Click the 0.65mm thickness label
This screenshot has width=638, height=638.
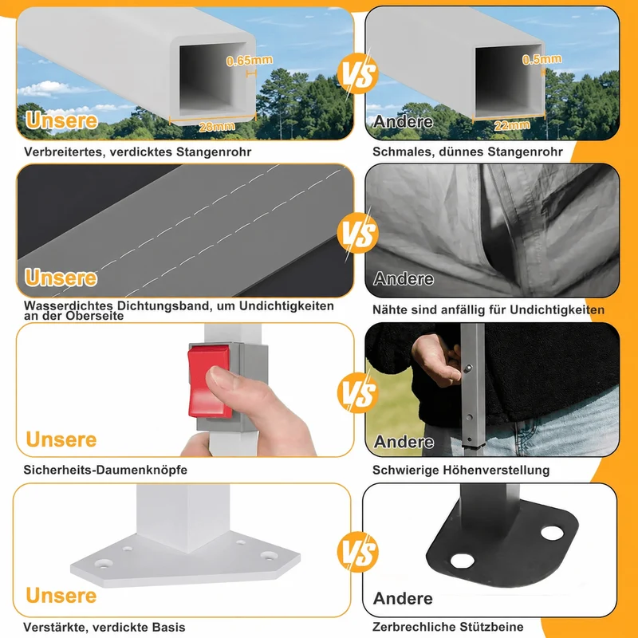[250, 61]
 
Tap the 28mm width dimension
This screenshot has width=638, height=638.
[217, 127]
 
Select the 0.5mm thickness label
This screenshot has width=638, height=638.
[542, 59]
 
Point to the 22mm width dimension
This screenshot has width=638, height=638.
[512, 125]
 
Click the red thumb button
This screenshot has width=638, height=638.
[209, 381]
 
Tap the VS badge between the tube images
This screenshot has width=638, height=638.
[357, 73]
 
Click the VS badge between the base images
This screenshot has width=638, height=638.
[357, 552]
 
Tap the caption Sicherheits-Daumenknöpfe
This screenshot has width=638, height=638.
[105, 470]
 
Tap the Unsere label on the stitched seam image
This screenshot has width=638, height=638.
[61, 278]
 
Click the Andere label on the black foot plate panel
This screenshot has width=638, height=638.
[403, 599]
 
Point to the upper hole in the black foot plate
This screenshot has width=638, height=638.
[552, 532]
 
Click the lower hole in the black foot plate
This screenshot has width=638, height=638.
[463, 561]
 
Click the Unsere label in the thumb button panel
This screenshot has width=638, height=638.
[61, 440]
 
